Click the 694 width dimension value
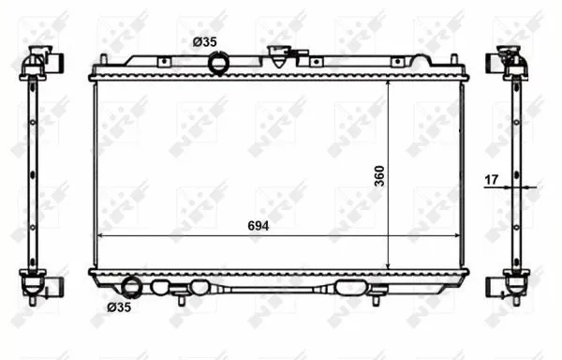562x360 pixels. point(259,226)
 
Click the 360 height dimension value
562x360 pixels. point(379,175)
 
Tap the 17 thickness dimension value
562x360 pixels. point(492,179)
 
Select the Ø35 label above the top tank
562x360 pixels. point(204,42)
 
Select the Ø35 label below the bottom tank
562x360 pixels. point(119,307)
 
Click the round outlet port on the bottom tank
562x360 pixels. point(131,288)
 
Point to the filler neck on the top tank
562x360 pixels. point(279,56)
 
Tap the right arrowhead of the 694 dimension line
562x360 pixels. point(457,235)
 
